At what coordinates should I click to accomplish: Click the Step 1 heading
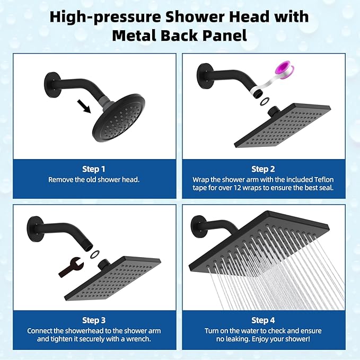pos(93,169)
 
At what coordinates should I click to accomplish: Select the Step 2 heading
pos(263,169)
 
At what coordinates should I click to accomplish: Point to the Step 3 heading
pos(94,320)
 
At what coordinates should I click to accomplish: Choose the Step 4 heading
pos(263,320)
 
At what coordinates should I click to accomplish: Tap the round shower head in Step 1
pos(120,118)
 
